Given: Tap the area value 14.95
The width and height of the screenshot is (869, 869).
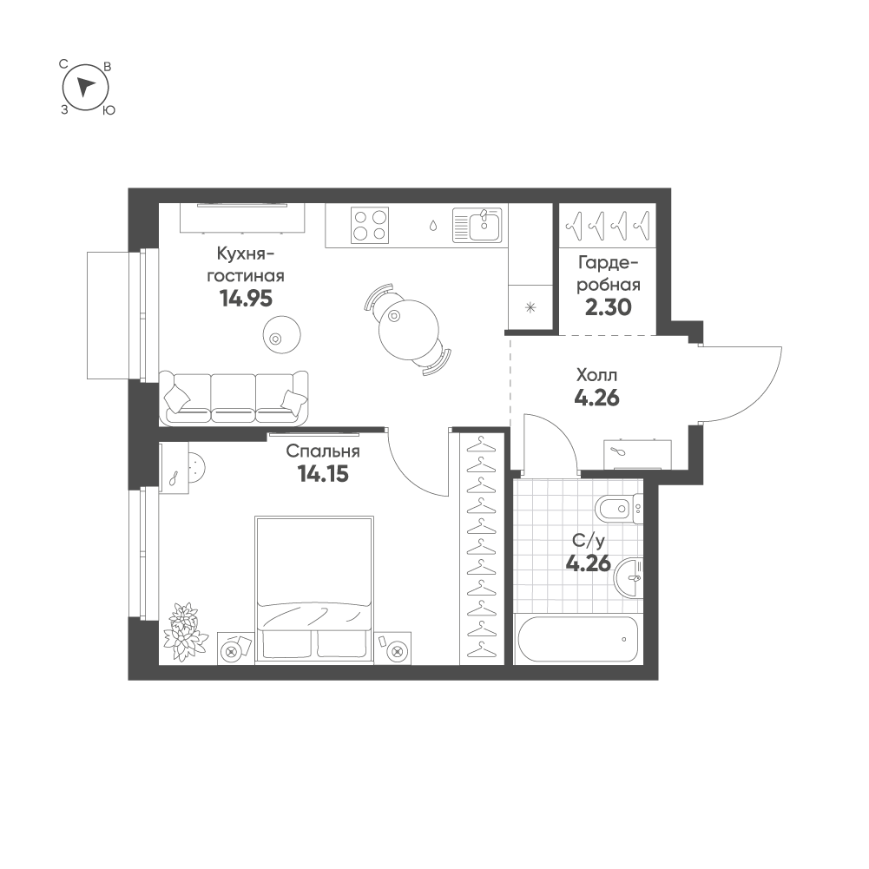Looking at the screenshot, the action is click(246, 300).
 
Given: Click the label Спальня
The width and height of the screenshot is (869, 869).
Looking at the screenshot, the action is click(323, 451).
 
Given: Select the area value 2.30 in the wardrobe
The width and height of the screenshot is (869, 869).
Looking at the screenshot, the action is click(609, 307).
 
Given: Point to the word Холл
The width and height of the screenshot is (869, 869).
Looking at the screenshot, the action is click(596, 375).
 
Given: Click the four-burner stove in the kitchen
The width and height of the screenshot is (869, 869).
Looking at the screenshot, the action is click(370, 225).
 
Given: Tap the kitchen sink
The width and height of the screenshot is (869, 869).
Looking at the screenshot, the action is click(477, 225).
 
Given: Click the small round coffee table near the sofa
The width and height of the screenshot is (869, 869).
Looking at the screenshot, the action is click(282, 334).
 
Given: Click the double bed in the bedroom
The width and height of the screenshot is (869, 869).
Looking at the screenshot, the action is click(314, 589).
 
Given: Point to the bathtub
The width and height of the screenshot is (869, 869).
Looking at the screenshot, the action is click(578, 639).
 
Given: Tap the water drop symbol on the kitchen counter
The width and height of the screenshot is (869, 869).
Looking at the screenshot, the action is click(433, 226).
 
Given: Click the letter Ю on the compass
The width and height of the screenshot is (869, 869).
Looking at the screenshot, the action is click(109, 110).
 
